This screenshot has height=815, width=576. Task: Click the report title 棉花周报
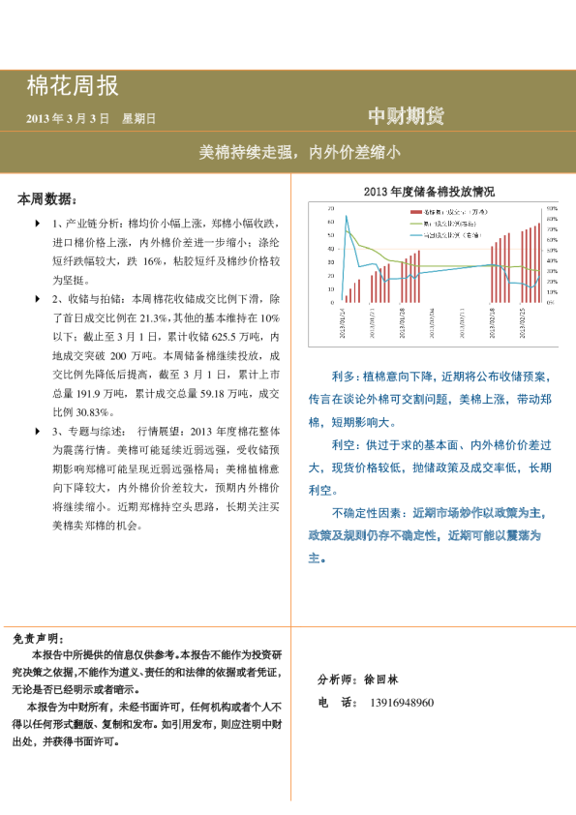pos(73,86)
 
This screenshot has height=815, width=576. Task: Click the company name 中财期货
pos(407,117)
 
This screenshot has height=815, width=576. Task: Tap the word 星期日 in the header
pos(138,119)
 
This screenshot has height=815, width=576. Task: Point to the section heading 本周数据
pos(46,199)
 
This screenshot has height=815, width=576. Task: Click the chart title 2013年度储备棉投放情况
pos(429,192)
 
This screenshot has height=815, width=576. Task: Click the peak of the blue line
pos(347,216)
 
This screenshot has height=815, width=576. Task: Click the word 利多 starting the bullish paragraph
pos(344,377)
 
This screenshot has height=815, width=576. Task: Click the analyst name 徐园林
pos(384,680)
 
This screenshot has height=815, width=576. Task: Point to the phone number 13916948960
pos(402,703)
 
